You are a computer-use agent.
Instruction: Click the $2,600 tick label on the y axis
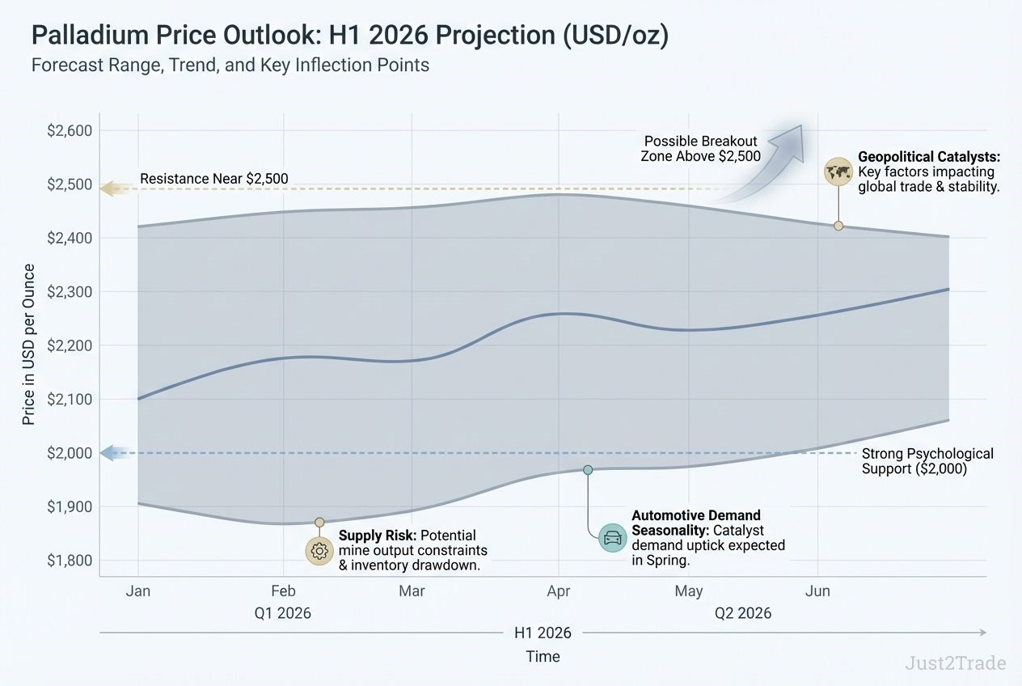pos(70,131)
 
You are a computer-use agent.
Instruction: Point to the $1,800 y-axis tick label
pos(70,561)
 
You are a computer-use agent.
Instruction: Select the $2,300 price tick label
pos(70,292)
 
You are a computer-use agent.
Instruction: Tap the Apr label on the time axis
pos(558,591)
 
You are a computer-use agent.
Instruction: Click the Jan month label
pos(137,591)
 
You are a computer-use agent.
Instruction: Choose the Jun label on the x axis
pos(817,591)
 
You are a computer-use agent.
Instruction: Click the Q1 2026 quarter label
pos(282,613)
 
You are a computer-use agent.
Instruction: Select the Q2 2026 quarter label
pos(742,613)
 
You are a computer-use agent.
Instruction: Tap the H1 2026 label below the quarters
pos(543,633)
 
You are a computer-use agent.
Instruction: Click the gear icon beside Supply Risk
pos(319,551)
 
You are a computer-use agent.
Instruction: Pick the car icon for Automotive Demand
pos(612,538)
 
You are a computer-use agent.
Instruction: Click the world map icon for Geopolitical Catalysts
pos(838,171)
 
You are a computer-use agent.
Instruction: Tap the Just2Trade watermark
pos(955,663)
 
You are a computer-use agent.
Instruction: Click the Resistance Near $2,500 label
pos(213,179)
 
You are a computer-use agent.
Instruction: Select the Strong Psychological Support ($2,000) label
pos(927,461)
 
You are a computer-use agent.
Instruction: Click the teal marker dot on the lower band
pos(588,470)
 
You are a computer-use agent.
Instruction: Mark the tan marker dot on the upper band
pos(838,226)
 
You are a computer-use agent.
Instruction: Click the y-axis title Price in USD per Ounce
pos(29,345)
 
